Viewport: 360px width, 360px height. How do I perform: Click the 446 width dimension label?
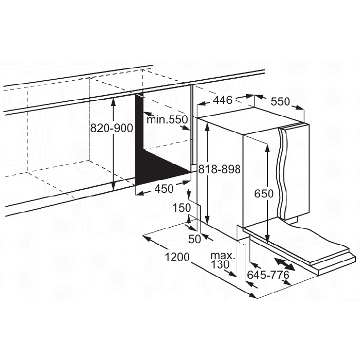[x=223, y=100]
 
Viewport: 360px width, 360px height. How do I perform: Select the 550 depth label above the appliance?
[x=280, y=101]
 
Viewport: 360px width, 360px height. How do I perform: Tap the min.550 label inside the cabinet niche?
[x=167, y=120]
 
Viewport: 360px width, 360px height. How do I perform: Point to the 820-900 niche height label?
[x=112, y=128]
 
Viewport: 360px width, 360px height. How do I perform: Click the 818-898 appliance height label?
[x=219, y=169]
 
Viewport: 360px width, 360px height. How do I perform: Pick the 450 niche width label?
[x=164, y=189]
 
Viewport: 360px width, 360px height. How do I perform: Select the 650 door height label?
[x=264, y=193]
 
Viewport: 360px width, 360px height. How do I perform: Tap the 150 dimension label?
[x=182, y=208]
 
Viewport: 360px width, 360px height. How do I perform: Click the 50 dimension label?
[x=194, y=239]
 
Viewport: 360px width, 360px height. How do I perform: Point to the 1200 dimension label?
[x=177, y=257]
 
